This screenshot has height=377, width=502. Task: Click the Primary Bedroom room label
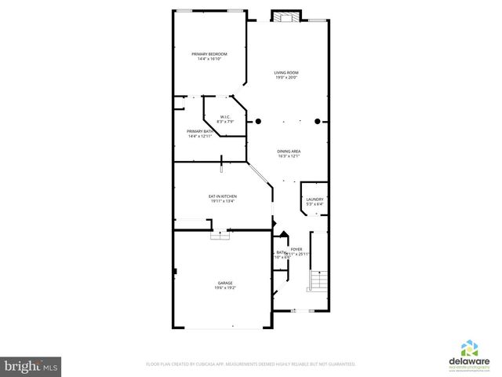tap(209, 53)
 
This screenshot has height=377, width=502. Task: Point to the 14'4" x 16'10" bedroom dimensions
tap(209, 59)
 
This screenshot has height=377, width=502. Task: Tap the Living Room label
tap(286, 72)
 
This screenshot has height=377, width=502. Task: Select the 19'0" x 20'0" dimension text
tap(286, 78)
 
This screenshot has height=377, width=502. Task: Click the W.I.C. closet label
tap(224, 117)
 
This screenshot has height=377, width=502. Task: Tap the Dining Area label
tap(289, 151)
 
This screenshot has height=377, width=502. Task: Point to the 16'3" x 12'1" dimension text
tap(289, 156)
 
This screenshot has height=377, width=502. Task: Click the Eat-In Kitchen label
tap(223, 196)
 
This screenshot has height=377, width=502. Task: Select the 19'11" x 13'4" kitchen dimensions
tap(223, 201)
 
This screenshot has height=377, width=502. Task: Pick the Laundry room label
tap(315, 199)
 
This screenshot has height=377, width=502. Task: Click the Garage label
tap(225, 283)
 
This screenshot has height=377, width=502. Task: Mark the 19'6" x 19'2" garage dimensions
tap(225, 288)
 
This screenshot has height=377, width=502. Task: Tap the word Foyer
tap(296, 249)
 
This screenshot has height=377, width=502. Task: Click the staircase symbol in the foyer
tap(318, 280)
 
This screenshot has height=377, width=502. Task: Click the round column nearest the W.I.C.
tap(259, 122)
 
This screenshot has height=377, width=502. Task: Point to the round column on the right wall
tap(318, 122)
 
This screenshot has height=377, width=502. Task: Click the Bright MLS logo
tap(31, 366)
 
